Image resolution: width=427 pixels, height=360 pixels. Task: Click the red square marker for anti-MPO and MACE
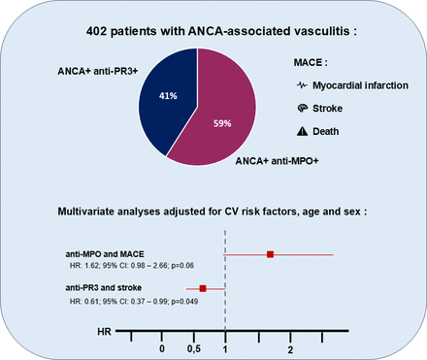[x=271, y=254]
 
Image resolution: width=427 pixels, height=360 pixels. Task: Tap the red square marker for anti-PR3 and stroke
[x=203, y=288]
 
